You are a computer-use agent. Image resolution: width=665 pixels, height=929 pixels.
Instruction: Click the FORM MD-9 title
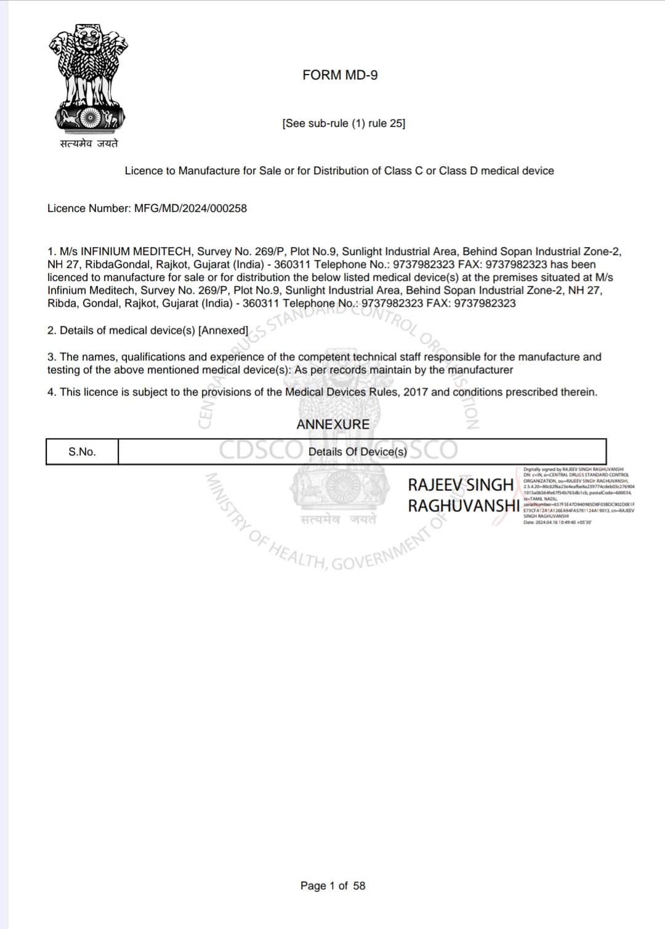(340, 75)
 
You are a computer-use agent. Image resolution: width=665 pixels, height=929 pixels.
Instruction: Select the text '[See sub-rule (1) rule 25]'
(344, 123)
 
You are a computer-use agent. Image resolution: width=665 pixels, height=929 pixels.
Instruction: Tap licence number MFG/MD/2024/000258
(190, 208)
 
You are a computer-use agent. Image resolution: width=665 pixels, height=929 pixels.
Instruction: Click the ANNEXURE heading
(332, 424)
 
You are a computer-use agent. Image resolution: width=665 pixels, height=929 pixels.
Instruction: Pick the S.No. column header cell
(82, 452)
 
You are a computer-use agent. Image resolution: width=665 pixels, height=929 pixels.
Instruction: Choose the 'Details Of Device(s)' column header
(357, 452)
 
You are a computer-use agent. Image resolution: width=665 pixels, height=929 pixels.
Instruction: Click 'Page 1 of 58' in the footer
(332, 885)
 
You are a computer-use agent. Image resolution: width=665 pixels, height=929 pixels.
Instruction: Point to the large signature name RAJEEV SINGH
(461, 485)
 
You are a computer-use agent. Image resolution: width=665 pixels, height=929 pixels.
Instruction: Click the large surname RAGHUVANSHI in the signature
(464, 506)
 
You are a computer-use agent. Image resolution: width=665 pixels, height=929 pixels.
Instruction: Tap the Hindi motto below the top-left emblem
(89, 144)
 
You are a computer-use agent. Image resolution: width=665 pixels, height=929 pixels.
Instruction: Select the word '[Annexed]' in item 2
(223, 330)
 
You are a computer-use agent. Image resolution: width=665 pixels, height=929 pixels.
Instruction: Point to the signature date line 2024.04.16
(557, 522)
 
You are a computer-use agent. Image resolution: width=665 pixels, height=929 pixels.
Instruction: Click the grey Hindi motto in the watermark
(338, 520)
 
